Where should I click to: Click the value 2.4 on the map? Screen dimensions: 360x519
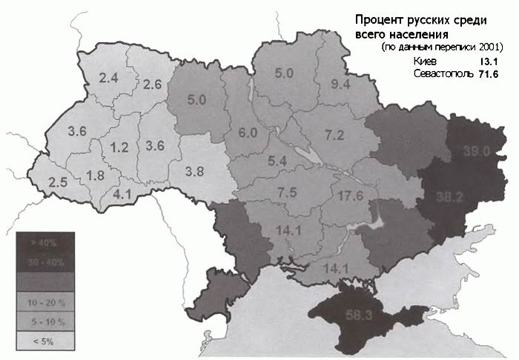[109, 78]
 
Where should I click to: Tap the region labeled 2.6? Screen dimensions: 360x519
[152, 84]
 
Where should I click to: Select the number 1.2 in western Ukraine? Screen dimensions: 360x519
[119, 147]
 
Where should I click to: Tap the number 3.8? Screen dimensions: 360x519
[194, 171]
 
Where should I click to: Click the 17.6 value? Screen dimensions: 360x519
[348, 196]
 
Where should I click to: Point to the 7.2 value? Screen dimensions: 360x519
[334, 135]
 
